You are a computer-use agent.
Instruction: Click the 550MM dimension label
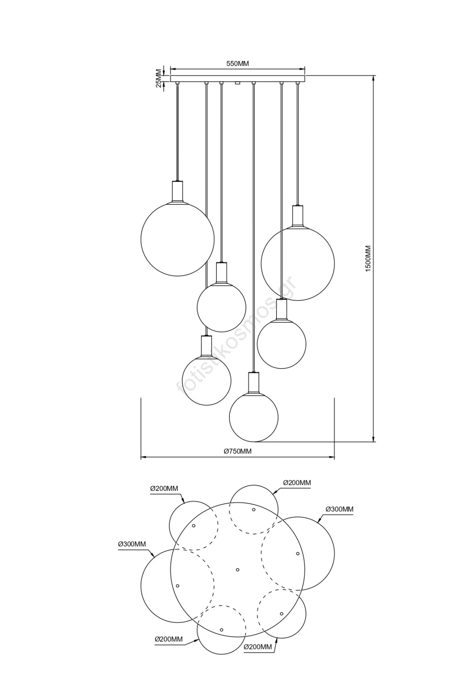pyautogui.click(x=237, y=64)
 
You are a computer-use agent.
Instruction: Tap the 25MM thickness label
pyautogui.click(x=158, y=78)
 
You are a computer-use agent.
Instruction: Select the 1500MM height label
pyautogui.click(x=368, y=259)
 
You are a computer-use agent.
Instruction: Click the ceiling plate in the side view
pyautogui.click(x=237, y=78)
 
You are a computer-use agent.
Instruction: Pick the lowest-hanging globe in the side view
pyautogui.click(x=253, y=417)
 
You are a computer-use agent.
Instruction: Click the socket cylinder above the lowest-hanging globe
pyautogui.click(x=253, y=382)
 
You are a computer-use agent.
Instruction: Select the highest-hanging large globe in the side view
pyautogui.click(x=177, y=239)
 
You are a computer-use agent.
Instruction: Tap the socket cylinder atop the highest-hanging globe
pyautogui.click(x=177, y=191)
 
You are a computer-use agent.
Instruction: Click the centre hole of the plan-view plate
pyautogui.click(x=237, y=570)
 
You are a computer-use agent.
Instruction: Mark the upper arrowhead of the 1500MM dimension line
pyautogui.click(x=373, y=78)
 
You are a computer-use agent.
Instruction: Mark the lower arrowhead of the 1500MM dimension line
pyautogui.click(x=373, y=438)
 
